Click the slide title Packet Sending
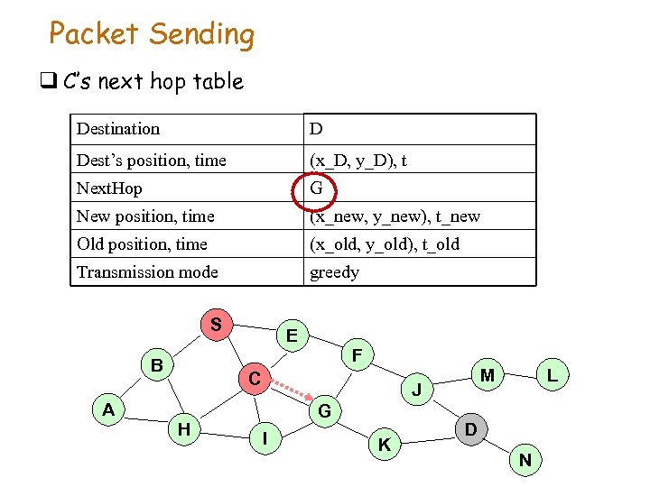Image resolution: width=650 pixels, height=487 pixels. pyautogui.click(x=152, y=34)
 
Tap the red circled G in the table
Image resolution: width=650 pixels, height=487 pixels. pyautogui.click(x=316, y=188)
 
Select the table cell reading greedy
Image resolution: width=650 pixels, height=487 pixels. pyautogui.click(x=334, y=272)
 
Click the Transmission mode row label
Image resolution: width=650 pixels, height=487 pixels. pyautogui.click(x=147, y=272)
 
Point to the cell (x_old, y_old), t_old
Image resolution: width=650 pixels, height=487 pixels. pyautogui.click(x=384, y=244)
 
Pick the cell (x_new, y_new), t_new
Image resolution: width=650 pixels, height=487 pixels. pyautogui.click(x=395, y=216)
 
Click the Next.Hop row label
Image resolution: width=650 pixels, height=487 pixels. pyautogui.click(x=109, y=188)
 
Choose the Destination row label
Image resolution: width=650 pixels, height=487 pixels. pyautogui.click(x=118, y=129)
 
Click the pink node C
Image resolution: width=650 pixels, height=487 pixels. pyautogui.click(x=255, y=380)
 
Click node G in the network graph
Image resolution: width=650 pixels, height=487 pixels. pyautogui.click(x=325, y=411)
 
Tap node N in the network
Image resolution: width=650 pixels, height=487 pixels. pyautogui.click(x=525, y=461)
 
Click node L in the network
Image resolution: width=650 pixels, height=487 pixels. pyautogui.click(x=552, y=373)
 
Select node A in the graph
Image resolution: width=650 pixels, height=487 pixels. pyautogui.click(x=108, y=409)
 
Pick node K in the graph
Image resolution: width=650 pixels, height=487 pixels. pyautogui.click(x=385, y=444)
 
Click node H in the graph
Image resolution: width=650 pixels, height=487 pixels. pyautogui.click(x=184, y=429)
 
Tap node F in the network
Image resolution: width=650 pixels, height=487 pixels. pyautogui.click(x=357, y=356)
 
